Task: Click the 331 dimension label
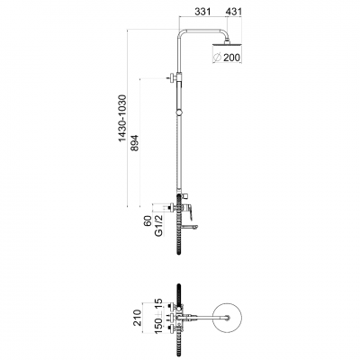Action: tap(202, 12)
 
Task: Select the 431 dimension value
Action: tap(233, 12)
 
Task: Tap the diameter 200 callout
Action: tap(227, 57)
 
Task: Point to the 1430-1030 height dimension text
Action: tap(122, 118)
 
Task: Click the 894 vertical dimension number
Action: tap(135, 143)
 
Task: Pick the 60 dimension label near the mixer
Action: tap(148, 221)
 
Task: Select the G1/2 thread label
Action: tap(159, 225)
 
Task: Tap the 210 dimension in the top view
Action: tap(138, 318)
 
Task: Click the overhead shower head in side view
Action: tap(227, 45)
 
